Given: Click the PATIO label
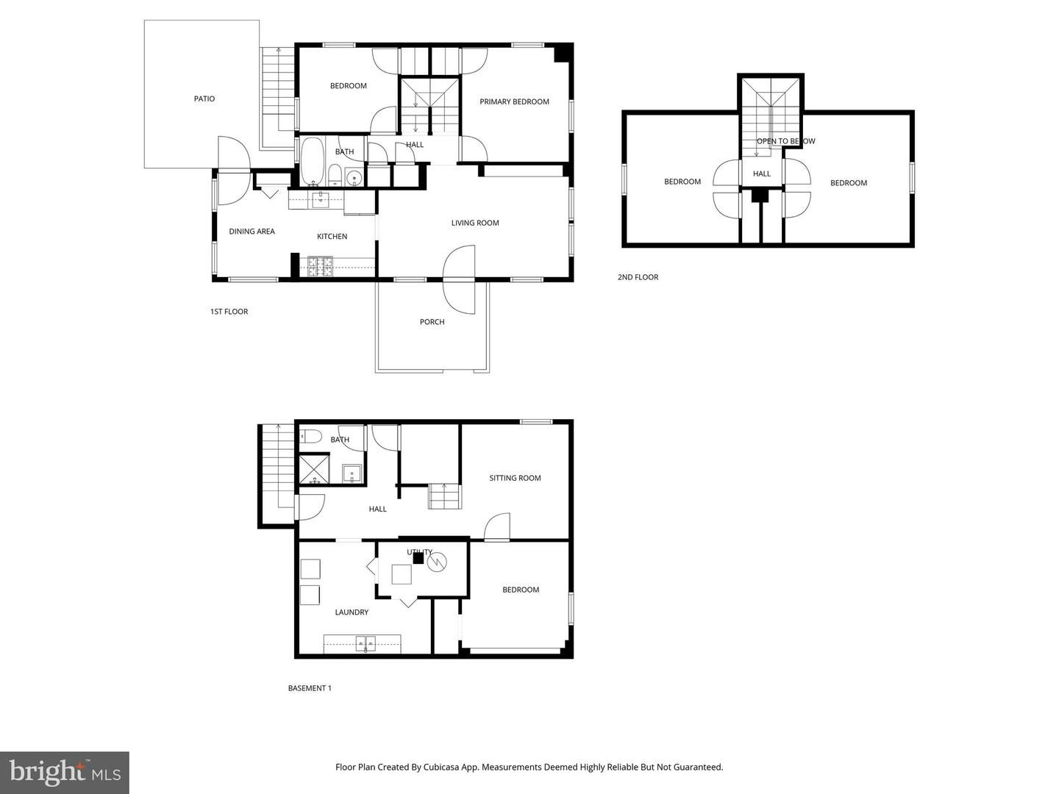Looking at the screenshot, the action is tap(204, 99).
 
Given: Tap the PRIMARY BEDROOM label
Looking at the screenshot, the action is tap(514, 101).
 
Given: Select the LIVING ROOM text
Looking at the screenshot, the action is tap(475, 223).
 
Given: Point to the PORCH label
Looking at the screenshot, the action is tap(432, 322).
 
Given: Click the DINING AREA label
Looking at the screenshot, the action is tap(252, 232).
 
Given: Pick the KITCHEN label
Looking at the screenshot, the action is tap(332, 236).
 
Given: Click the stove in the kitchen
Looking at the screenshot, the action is tap(321, 267).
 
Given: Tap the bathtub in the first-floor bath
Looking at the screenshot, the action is tap(313, 162).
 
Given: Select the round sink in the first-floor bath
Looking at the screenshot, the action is tap(354, 177).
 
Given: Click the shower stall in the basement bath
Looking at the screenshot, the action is tap(314, 468).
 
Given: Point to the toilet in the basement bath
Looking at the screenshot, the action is tap(310, 436).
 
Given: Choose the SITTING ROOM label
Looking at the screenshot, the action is tap(515, 478).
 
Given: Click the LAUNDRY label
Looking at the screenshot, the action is tap(352, 612).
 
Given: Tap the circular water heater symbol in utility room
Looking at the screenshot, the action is tap(437, 562).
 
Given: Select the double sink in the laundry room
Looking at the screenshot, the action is tap(366, 643).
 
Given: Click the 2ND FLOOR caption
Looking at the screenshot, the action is tap(638, 277).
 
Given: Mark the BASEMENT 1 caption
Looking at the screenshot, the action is tap(310, 688).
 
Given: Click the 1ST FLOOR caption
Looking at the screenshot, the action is tap(229, 312).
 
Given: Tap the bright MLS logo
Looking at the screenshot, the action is tap(64, 773).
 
